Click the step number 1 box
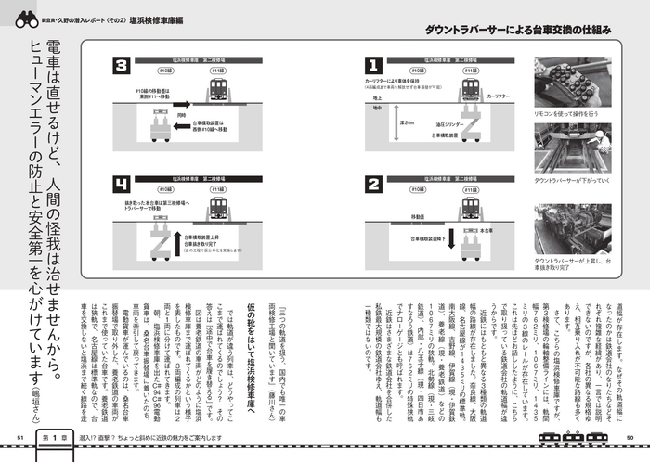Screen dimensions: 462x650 point(373,66)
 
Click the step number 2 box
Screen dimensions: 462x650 point(373,184)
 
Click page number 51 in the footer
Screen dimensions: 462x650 point(18,437)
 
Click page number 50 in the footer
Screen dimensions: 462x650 point(631,437)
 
